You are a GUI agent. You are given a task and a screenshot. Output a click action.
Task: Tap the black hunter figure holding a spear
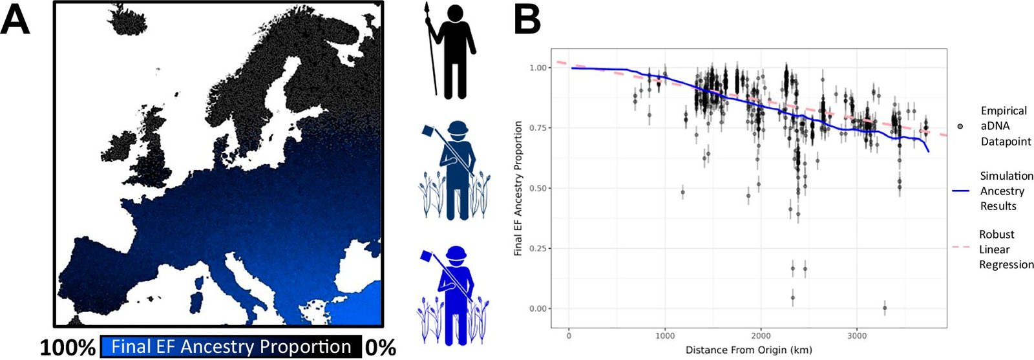tap(452, 52)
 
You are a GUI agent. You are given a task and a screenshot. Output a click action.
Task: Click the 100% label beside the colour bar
tap(68, 348)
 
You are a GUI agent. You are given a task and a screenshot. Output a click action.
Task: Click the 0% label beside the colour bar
tap(380, 348)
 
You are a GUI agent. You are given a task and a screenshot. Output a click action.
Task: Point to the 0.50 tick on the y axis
tap(538, 189)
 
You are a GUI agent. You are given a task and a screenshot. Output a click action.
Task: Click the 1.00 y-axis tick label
tap(538, 68)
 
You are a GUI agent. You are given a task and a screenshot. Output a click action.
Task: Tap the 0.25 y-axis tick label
tap(538, 249)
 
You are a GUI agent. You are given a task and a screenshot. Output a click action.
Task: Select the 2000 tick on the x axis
tap(761, 336)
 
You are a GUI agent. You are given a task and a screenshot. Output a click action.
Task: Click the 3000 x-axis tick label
tap(857, 336)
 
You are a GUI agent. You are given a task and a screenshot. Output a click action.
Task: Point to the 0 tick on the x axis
tap(569, 336)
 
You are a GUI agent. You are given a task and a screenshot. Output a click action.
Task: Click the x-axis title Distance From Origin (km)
tap(748, 350)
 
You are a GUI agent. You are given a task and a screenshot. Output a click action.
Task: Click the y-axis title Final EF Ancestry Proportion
tap(518, 188)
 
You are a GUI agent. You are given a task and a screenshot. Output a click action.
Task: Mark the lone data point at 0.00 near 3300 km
tap(885, 308)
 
